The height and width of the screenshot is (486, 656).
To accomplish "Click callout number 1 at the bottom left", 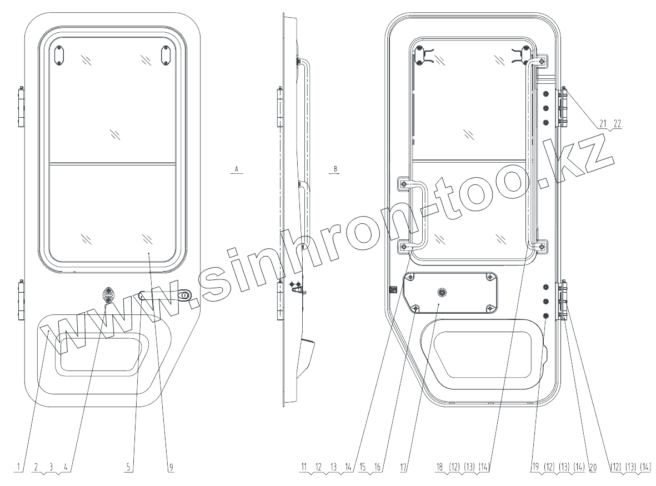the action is pyautogui.click(x=18, y=467).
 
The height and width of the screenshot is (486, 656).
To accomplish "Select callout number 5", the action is pyautogui.click(x=129, y=467).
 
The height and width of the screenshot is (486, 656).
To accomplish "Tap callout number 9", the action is pyautogui.click(x=171, y=467).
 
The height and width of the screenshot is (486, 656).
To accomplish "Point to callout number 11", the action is pyautogui.click(x=304, y=467).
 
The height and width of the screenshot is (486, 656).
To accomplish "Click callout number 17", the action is pyautogui.click(x=403, y=467).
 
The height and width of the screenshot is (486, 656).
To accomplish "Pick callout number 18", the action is pyautogui.click(x=440, y=467).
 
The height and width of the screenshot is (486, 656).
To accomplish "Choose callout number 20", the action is pyautogui.click(x=593, y=467).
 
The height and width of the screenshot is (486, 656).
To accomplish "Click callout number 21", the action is pyautogui.click(x=603, y=123).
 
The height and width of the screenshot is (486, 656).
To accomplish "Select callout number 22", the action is pyautogui.click(x=617, y=123).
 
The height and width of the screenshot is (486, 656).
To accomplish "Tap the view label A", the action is pyautogui.click(x=237, y=169).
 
